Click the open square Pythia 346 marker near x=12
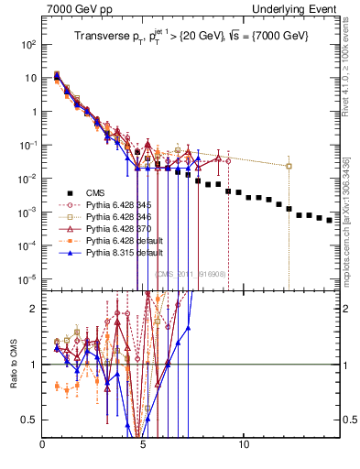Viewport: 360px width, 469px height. click(x=289, y=166)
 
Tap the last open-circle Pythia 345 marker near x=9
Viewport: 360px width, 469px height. click(x=228, y=160)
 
